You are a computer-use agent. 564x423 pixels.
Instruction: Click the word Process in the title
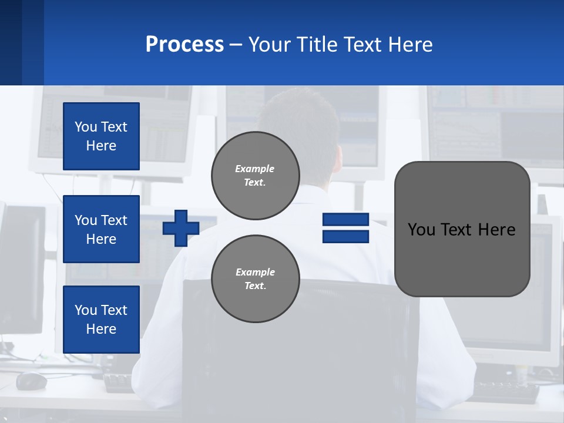184,45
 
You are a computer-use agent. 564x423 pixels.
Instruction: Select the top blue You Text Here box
101,136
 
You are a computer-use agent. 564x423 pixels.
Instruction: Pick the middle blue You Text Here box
101,229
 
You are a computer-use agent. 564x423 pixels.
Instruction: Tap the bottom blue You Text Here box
101,320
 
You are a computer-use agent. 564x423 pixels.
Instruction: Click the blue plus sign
181,228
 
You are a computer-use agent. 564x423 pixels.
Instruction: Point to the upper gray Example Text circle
256,176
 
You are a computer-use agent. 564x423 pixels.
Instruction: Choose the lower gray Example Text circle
256,279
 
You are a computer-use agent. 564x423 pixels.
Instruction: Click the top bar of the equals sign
345,220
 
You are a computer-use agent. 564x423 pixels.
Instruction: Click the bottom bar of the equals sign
345,237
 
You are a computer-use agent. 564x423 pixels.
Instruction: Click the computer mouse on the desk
31,381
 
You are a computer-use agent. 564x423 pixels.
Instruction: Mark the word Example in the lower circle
255,272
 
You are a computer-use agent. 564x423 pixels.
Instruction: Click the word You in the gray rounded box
421,230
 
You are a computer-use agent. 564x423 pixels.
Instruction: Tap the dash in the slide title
236,45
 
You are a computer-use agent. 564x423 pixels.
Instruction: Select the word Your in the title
271,45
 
